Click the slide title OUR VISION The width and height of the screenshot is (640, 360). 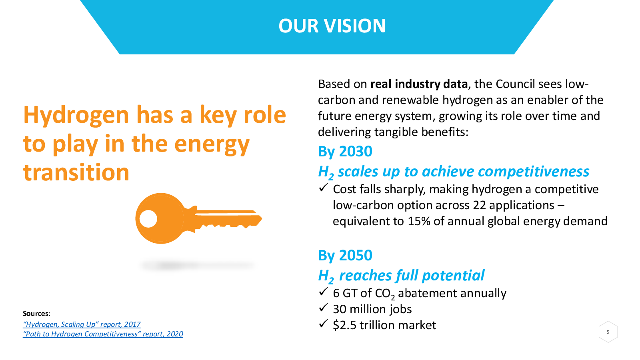tap(332, 26)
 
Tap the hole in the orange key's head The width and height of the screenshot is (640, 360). tap(148, 219)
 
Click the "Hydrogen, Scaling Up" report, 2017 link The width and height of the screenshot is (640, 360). tap(82, 324)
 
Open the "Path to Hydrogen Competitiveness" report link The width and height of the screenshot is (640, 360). tap(103, 334)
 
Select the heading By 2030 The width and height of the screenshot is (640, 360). tap(345, 151)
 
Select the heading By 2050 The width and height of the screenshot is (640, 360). tap(345, 255)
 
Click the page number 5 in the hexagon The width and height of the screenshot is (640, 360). tap(608, 332)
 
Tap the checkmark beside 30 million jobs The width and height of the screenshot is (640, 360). tap(323, 308)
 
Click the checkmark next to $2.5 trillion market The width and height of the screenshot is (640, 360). tap(323, 324)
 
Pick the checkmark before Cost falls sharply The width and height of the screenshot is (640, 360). tap(323, 188)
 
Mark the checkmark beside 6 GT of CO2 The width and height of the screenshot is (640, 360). tap(323, 292)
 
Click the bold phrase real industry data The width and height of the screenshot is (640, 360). tap(419, 84)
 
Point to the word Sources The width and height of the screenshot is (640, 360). tap(36, 314)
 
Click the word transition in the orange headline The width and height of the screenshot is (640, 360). tap(76, 172)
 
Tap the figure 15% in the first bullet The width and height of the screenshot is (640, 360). tap(418, 221)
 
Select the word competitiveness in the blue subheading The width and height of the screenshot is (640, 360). tap(534, 172)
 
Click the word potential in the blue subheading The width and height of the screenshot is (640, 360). tap(453, 276)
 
